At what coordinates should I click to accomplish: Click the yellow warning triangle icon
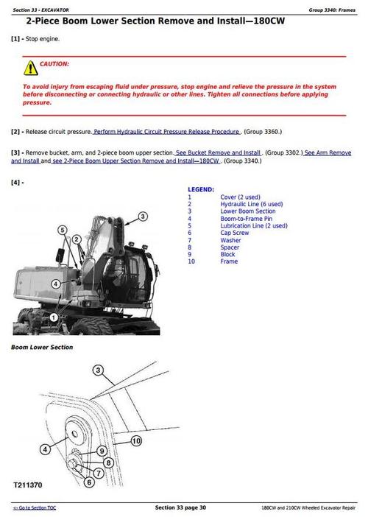29,68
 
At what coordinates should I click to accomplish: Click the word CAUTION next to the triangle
54,65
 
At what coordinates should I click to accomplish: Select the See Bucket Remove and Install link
218,152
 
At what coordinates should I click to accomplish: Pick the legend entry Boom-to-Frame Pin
246,219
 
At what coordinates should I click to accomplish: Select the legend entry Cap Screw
235,233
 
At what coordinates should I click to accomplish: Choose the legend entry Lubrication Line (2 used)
253,225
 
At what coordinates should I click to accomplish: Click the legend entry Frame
229,261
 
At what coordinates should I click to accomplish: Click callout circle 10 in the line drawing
136,441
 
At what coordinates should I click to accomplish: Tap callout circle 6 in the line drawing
88,482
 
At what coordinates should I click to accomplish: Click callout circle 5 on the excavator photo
63,230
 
